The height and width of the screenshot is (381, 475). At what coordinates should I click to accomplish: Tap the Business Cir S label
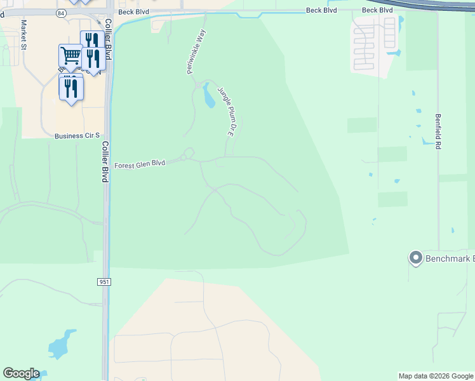[77, 136]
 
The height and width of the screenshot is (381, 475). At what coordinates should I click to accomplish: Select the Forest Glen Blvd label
[140, 164]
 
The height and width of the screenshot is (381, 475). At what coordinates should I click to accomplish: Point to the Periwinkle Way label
[197, 51]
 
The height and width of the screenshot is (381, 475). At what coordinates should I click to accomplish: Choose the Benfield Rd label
[438, 131]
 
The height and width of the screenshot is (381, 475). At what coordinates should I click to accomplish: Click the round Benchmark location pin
[416, 258]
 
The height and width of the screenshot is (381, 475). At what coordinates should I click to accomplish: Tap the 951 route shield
[104, 281]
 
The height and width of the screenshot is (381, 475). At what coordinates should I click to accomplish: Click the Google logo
[21, 373]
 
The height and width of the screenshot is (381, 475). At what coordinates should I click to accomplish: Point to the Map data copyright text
[436, 376]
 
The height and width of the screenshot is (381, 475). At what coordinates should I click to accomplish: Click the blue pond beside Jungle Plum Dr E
[208, 95]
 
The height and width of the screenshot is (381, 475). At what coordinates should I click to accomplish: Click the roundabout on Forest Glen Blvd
[187, 155]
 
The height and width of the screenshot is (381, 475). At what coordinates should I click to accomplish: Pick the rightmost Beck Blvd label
[378, 10]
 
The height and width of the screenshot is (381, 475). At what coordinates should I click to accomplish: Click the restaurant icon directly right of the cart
[93, 58]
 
